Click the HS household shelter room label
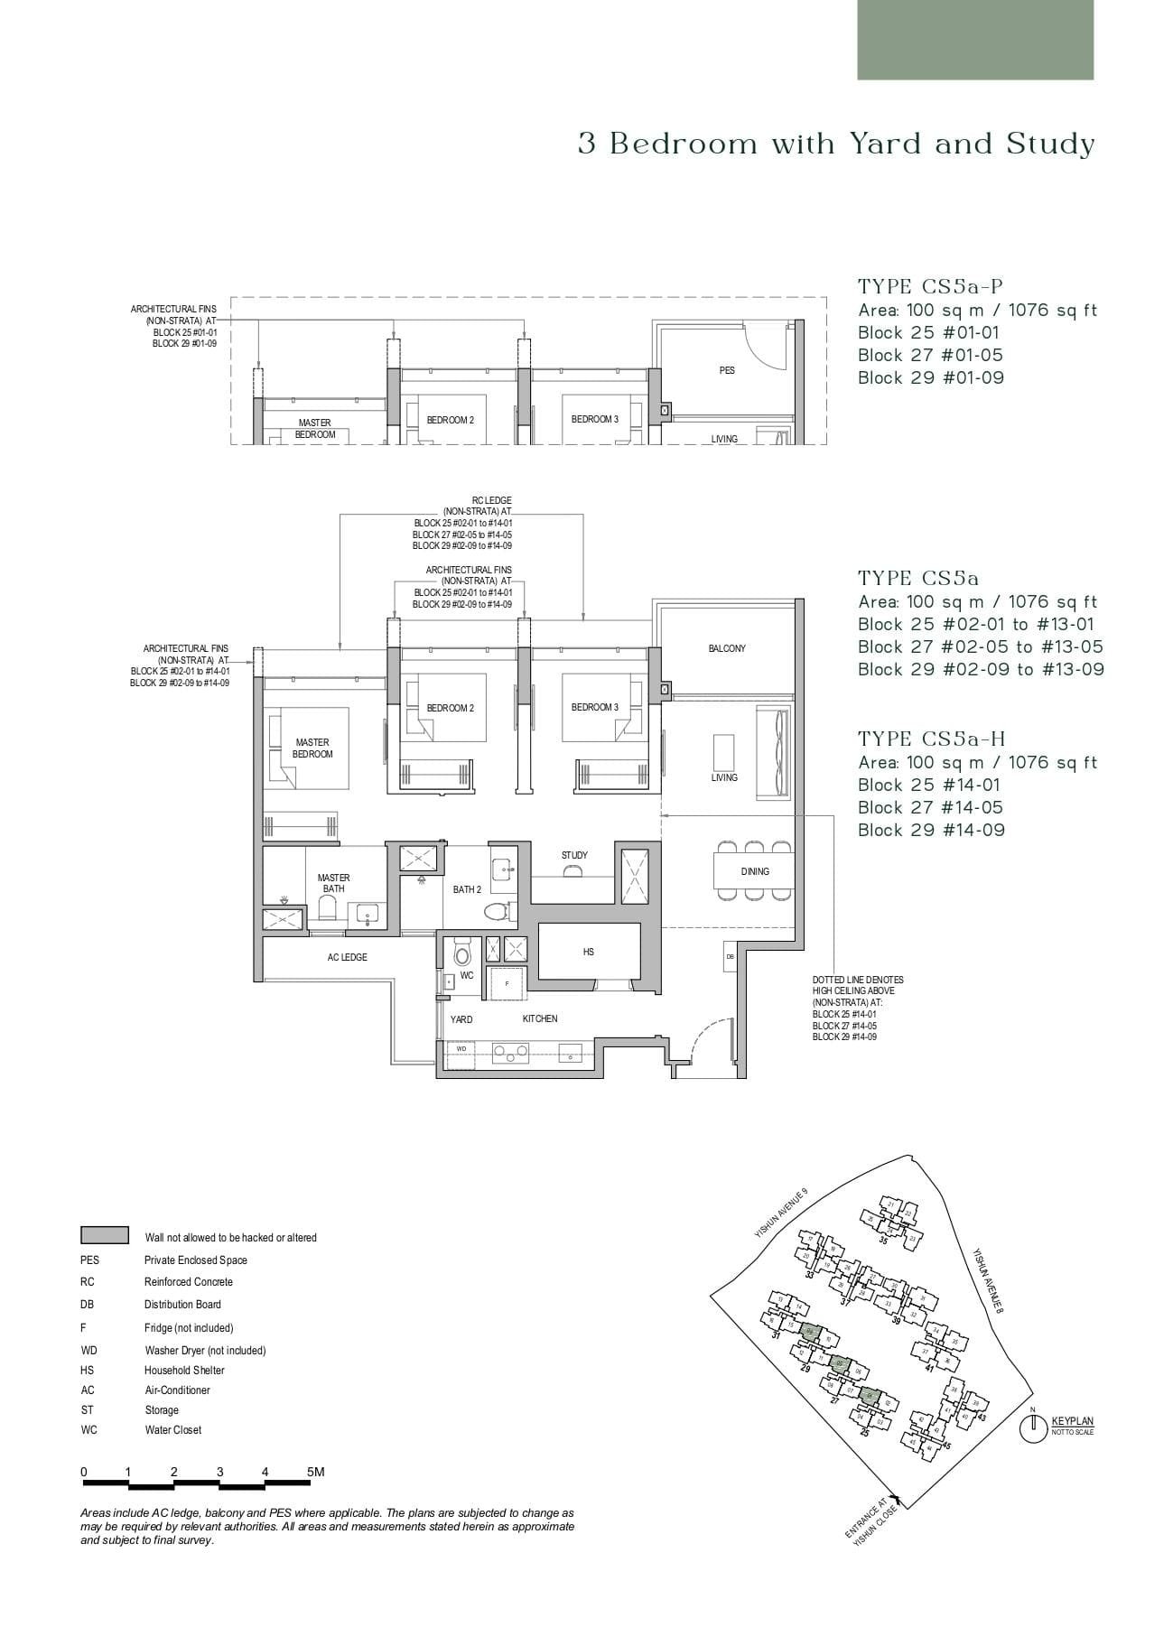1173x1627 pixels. click(589, 952)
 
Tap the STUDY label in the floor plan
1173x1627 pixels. click(574, 855)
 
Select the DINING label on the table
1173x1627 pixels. click(755, 871)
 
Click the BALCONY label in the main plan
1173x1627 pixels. click(727, 648)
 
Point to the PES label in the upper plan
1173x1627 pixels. click(727, 370)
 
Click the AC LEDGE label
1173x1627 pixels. click(347, 957)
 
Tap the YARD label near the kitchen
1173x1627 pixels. click(461, 1019)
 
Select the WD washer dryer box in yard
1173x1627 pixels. click(461, 1049)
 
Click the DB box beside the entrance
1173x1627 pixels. click(730, 956)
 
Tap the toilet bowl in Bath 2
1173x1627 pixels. click(496, 911)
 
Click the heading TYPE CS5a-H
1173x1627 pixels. click(932, 739)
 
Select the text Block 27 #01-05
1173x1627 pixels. click(930, 356)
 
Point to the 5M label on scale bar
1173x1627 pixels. click(315, 1472)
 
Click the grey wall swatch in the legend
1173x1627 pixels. click(104, 1235)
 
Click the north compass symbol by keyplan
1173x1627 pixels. click(1032, 1428)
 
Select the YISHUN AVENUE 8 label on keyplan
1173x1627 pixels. click(989, 1279)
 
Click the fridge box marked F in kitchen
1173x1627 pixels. click(507, 983)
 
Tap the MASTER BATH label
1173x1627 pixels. click(333, 883)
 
